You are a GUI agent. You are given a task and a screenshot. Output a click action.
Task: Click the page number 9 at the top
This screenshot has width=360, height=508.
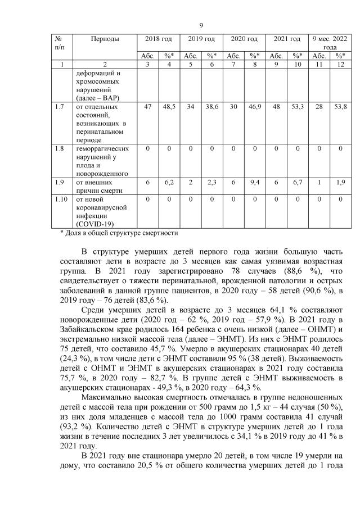point(201,25)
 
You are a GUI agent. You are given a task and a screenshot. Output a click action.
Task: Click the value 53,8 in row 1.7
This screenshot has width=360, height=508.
point(340,106)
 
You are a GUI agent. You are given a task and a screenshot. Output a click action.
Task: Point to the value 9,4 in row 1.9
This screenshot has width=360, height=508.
point(254,183)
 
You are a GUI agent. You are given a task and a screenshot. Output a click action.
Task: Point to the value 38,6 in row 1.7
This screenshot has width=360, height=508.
point(211,106)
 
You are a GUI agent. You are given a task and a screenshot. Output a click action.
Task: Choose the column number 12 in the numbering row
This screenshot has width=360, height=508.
point(340,65)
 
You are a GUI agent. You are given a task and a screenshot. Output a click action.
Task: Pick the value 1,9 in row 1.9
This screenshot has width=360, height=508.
point(340,183)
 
